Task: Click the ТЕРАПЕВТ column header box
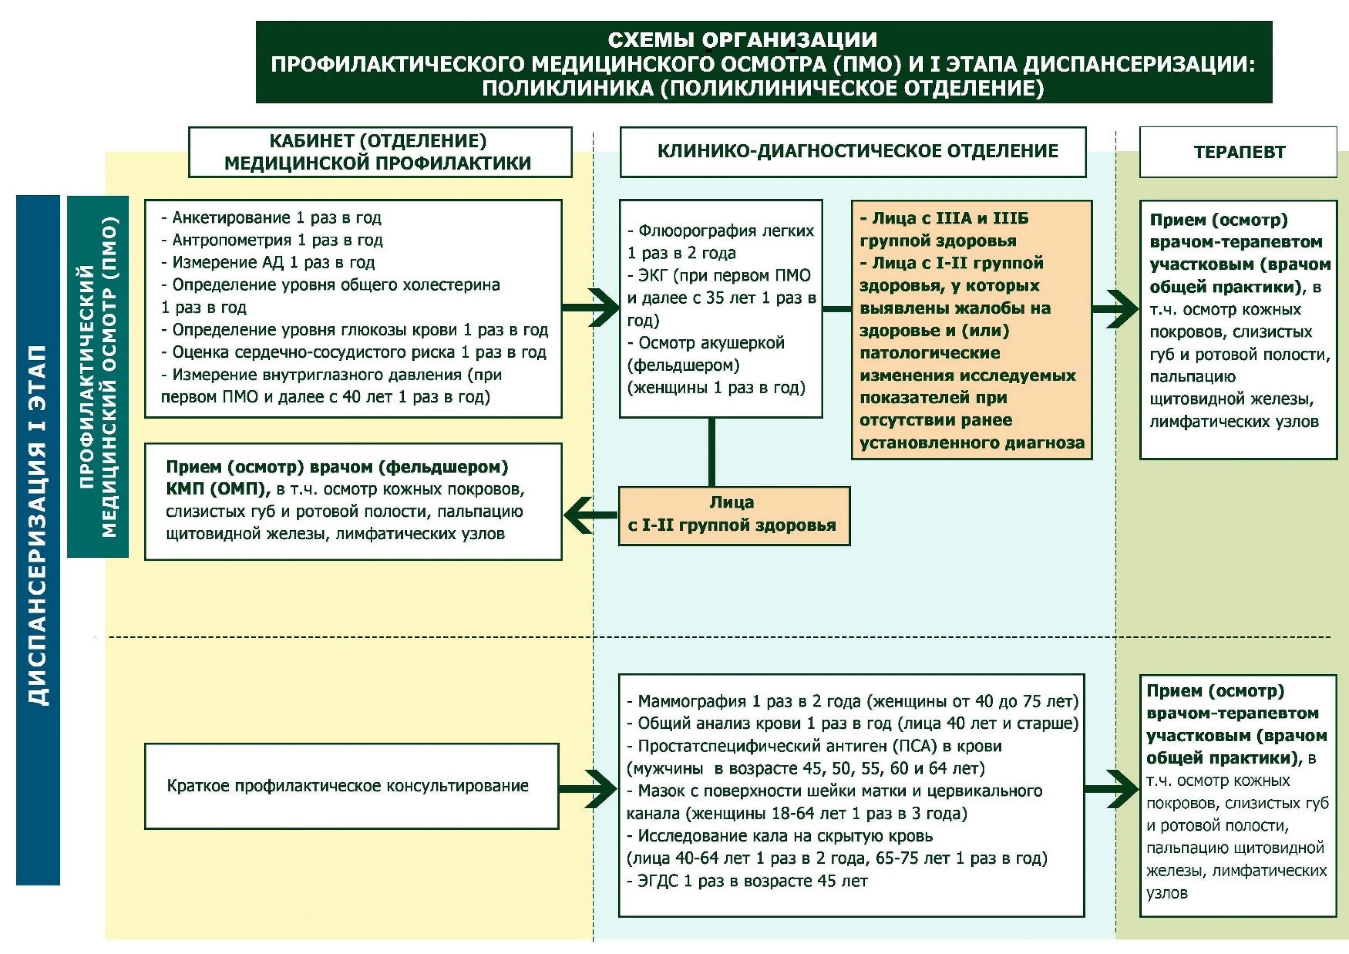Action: (x=1238, y=152)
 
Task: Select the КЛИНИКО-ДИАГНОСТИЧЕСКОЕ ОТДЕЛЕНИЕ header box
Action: (x=853, y=152)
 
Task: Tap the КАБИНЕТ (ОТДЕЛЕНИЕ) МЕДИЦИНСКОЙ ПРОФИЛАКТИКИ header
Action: (x=380, y=152)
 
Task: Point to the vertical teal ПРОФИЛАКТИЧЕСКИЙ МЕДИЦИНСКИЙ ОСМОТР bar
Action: (x=98, y=376)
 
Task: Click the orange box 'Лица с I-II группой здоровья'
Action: (x=734, y=515)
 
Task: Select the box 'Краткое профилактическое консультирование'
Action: (x=351, y=786)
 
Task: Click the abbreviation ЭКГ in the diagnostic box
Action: (x=652, y=276)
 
